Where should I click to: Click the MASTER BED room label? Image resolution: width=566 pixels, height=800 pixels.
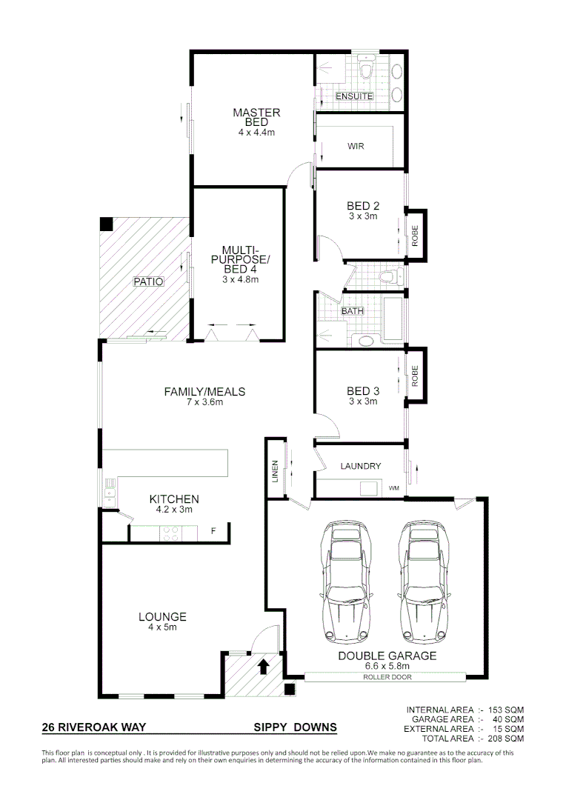click(x=256, y=118)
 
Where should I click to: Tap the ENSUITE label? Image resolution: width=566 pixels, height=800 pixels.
click(x=354, y=97)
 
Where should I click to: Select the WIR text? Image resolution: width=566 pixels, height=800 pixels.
click(x=356, y=146)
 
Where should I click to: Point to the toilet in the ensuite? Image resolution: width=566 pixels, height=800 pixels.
click(x=364, y=69)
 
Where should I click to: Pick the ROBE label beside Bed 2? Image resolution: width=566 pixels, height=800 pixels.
click(x=416, y=235)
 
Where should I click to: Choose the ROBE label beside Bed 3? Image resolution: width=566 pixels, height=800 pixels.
click(x=416, y=376)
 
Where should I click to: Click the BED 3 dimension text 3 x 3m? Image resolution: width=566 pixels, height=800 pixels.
click(x=362, y=401)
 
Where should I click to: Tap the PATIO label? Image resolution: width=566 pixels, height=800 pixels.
click(x=148, y=281)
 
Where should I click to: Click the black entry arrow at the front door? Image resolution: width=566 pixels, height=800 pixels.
click(x=262, y=667)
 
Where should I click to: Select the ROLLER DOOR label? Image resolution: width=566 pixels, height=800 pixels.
click(x=387, y=677)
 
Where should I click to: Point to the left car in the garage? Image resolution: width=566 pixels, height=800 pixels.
click(x=344, y=582)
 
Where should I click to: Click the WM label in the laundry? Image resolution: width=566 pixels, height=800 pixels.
click(x=393, y=489)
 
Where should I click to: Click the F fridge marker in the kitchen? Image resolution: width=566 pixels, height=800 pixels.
click(x=213, y=531)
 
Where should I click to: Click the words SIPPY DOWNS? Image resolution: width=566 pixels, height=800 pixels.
click(x=295, y=727)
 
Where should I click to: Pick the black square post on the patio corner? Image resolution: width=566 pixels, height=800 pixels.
click(x=107, y=223)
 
